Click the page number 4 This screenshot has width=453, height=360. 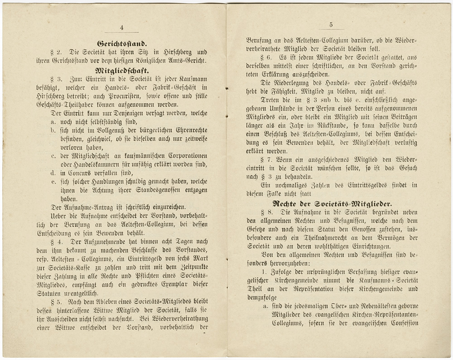[x=121, y=27]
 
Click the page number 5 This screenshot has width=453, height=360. [x=331, y=25]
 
